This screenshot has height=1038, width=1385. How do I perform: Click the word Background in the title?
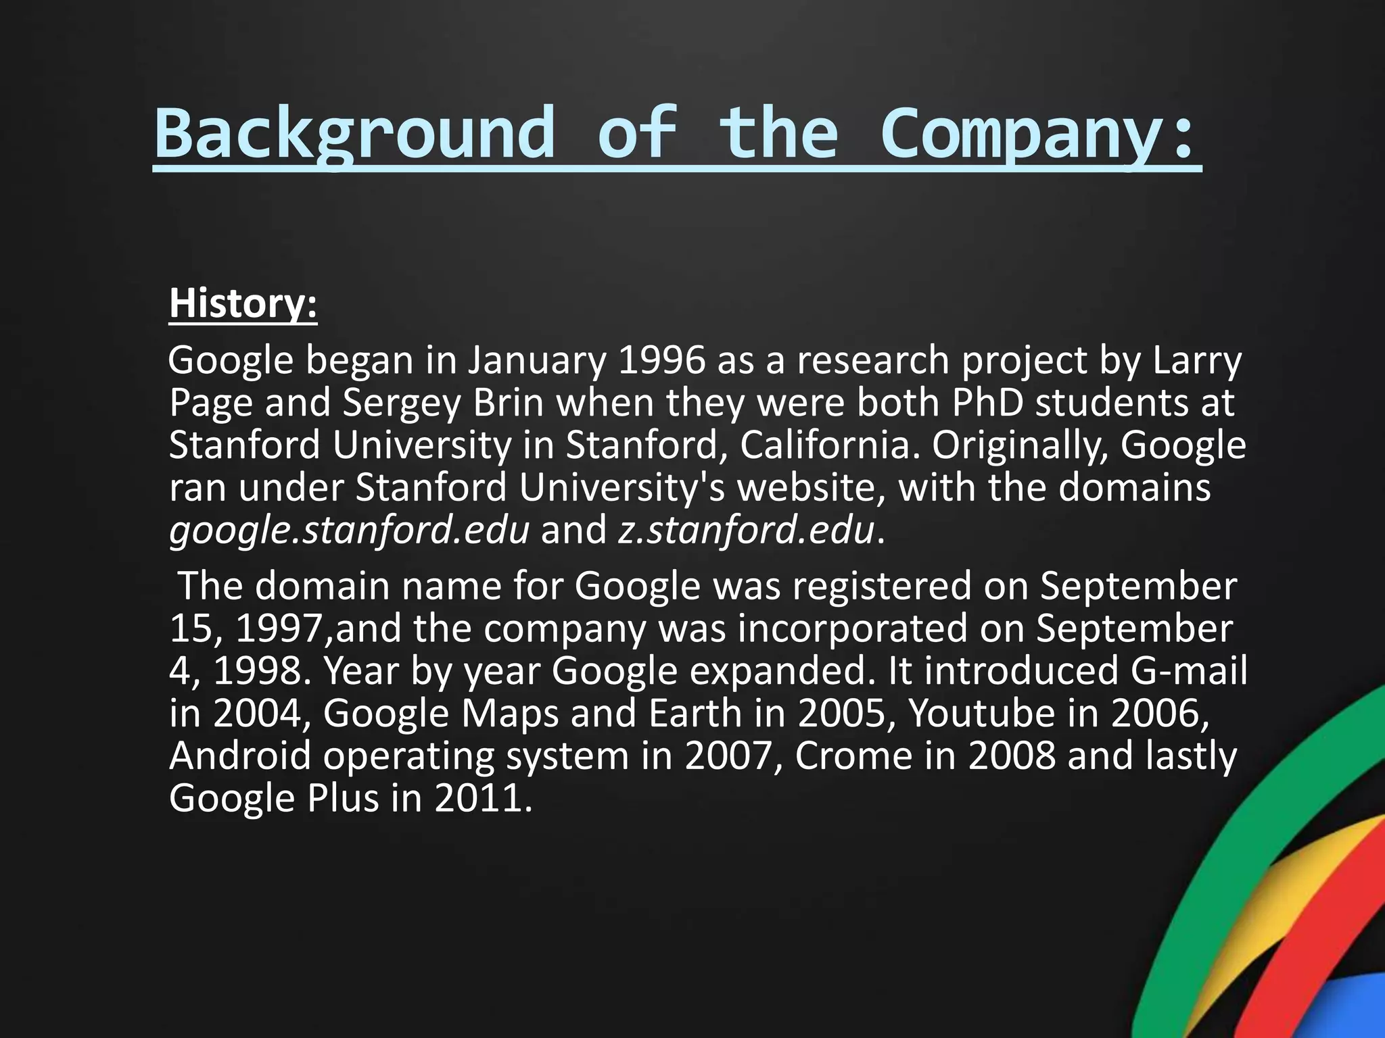[x=354, y=132]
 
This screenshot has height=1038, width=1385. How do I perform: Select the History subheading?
[x=243, y=303]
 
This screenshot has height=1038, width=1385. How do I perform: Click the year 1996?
[x=661, y=360]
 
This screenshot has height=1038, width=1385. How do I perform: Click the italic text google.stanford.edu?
[x=349, y=530]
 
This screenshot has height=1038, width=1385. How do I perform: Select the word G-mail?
[x=1188, y=670]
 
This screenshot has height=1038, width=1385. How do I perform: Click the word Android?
[x=240, y=756]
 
